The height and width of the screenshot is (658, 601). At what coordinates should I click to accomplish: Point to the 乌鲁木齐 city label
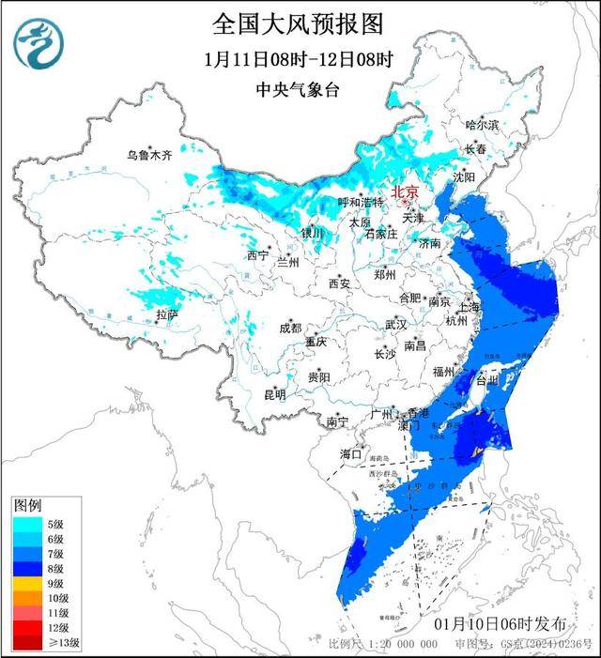(150, 156)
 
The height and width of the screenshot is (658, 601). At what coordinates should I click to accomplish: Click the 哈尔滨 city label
(482, 125)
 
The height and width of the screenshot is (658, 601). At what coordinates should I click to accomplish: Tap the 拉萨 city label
(166, 314)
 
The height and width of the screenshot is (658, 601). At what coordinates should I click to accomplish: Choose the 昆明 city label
(273, 393)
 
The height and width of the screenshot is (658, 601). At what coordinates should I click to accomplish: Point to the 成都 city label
(289, 328)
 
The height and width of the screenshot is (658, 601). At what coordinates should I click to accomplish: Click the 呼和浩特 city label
(361, 202)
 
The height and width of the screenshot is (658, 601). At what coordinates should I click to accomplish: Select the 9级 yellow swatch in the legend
(27, 583)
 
